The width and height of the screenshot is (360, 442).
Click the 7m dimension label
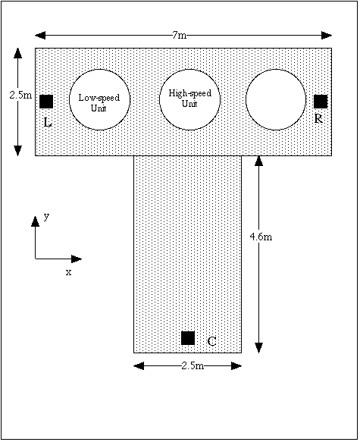180,35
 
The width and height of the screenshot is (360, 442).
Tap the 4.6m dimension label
261,237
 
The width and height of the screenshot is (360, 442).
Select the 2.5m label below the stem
193,366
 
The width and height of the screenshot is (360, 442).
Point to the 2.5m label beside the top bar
20,96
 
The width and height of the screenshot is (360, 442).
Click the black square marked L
46,102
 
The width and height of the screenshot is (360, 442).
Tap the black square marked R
321,102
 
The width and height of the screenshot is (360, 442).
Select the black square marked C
188,338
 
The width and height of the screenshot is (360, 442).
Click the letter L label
48,122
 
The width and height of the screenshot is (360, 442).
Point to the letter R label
318,119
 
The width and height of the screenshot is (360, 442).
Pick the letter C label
211,341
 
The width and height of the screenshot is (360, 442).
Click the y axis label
46,217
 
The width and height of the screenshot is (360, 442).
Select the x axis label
68,272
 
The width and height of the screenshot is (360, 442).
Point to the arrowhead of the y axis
35,221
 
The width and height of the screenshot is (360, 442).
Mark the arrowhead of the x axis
77,259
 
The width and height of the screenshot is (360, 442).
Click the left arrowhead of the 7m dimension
40,36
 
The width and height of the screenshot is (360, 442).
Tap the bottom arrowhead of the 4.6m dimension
259,348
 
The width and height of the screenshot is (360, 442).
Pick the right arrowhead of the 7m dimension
327,36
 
